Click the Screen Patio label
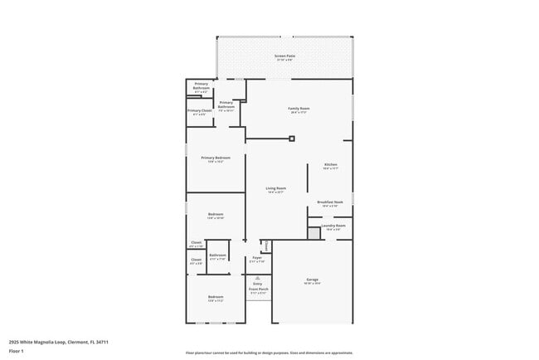click(285, 56)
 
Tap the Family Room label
click(299, 109)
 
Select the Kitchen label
click(330, 165)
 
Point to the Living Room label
click(275, 189)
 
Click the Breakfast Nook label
click(330, 202)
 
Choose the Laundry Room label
click(333, 226)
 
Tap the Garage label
click(313, 280)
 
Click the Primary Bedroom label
click(215, 158)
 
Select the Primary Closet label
click(200, 111)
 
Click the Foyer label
click(258, 259)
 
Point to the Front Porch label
click(258, 289)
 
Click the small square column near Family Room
click(292, 139)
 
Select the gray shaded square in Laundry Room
click(313, 234)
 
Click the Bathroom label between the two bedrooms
click(218, 256)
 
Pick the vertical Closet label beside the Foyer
click(265, 245)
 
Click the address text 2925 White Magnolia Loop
click(59, 341)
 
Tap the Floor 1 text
click(17, 351)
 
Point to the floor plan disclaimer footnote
click(269, 353)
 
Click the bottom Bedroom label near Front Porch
click(216, 297)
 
